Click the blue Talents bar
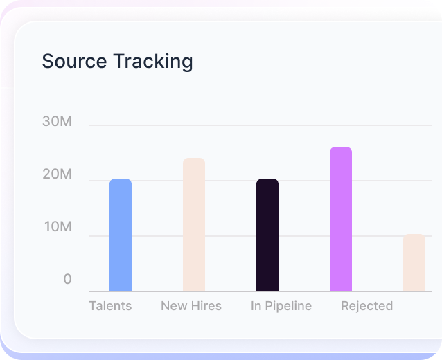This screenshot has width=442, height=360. (121, 235)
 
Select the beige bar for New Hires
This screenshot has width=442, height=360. (194, 225)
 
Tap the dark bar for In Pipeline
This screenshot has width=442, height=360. (267, 235)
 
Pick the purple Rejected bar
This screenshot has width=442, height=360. (341, 219)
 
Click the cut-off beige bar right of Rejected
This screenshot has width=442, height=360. (414, 263)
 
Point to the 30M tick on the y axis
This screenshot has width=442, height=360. (57, 122)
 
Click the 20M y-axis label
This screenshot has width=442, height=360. (57, 174)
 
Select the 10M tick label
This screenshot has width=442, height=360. (57, 227)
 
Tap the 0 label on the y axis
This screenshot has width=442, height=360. (67, 279)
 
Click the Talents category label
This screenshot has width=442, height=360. (110, 306)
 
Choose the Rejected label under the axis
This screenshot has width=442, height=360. (366, 306)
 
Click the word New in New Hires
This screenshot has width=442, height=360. (173, 306)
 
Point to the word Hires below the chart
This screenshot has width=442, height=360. (206, 306)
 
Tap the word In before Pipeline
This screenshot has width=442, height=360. (256, 306)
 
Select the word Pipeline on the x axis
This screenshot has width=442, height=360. (288, 306)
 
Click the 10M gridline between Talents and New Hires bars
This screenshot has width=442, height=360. (157, 236)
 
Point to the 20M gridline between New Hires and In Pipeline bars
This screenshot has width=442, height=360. (231, 181)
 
